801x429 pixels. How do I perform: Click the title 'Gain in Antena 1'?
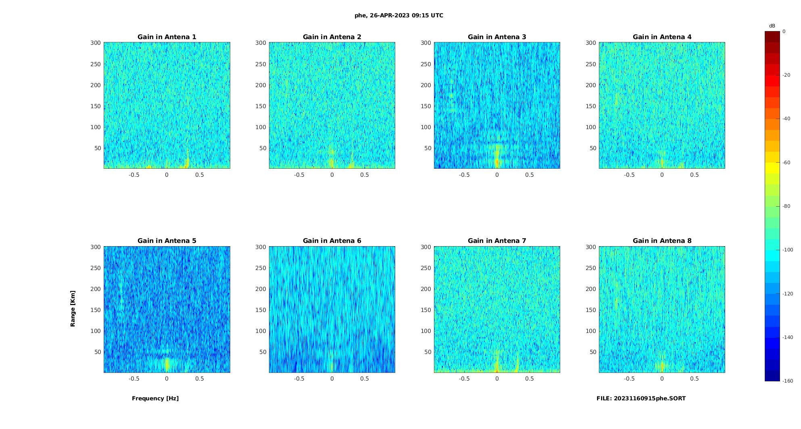(x=167, y=37)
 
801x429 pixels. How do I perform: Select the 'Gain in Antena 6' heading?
(x=332, y=241)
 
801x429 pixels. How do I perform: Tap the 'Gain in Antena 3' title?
(x=497, y=37)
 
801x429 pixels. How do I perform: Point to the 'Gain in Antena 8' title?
(x=662, y=241)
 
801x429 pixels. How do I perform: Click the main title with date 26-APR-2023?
(x=399, y=16)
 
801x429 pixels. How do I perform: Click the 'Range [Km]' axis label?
(x=73, y=309)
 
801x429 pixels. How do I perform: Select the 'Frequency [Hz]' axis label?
(x=155, y=398)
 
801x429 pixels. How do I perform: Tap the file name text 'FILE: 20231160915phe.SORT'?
(x=641, y=398)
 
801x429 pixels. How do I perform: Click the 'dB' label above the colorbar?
(x=772, y=26)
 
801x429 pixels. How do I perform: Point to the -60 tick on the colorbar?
(x=786, y=163)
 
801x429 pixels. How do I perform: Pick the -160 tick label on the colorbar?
(x=788, y=381)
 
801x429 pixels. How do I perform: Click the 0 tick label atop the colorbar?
(x=784, y=31)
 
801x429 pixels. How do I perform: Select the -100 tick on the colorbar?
(x=788, y=250)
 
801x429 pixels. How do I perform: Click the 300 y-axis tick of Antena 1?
(x=96, y=43)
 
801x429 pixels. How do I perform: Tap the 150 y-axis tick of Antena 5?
(x=96, y=310)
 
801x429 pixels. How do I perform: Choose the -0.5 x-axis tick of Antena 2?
(x=299, y=175)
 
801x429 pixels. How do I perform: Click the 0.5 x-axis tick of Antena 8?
(x=695, y=379)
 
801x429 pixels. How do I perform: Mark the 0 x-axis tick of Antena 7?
(x=497, y=379)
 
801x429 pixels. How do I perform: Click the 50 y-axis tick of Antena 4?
(x=593, y=148)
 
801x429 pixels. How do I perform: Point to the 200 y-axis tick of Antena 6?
(x=261, y=289)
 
